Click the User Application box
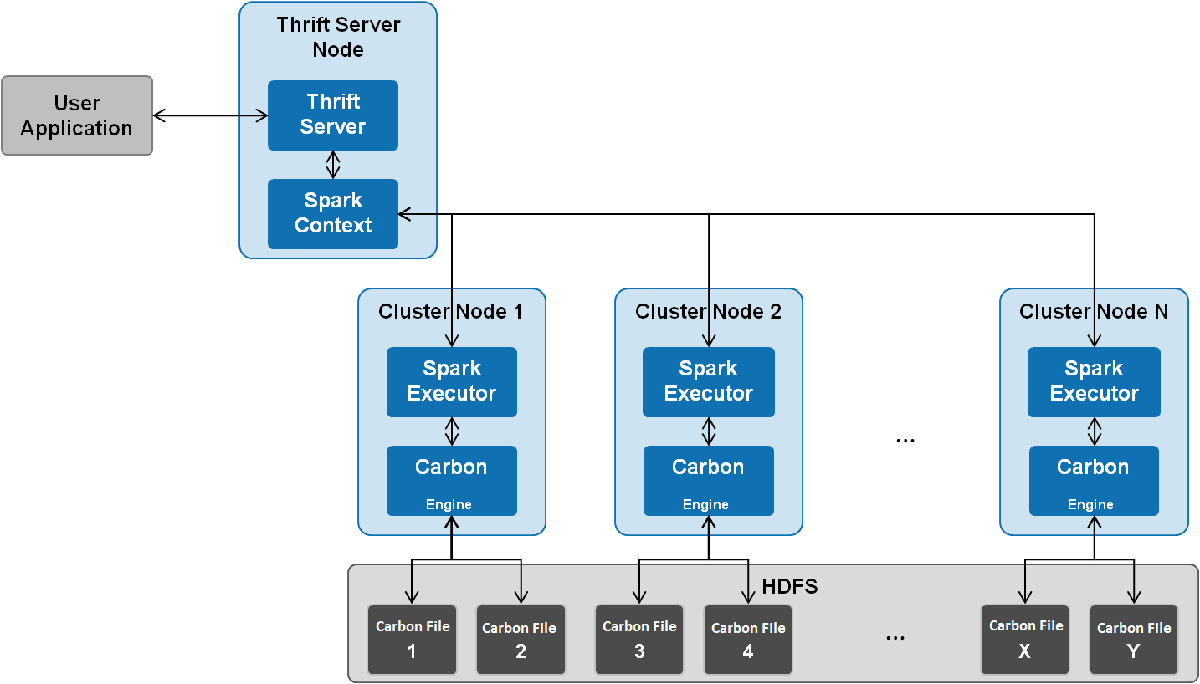tap(77, 115)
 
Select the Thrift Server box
tap(333, 115)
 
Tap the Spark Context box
tap(333, 213)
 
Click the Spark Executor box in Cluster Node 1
tap(452, 381)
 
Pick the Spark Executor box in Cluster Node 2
tap(708, 381)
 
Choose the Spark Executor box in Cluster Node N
tap(1094, 381)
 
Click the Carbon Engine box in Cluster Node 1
tap(452, 481)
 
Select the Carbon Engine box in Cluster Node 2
tap(708, 481)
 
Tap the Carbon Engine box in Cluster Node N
tap(1094, 481)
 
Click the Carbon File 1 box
tap(412, 640)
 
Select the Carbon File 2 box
tap(521, 640)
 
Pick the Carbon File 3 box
tap(639, 640)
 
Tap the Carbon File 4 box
tap(748, 640)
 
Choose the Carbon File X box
tap(1025, 640)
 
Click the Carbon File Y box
tap(1134, 640)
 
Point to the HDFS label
tap(790, 587)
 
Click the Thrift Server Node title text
tap(338, 37)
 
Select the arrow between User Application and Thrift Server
tap(211, 115)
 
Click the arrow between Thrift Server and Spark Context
tap(333, 164)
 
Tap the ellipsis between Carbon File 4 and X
tap(895, 638)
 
